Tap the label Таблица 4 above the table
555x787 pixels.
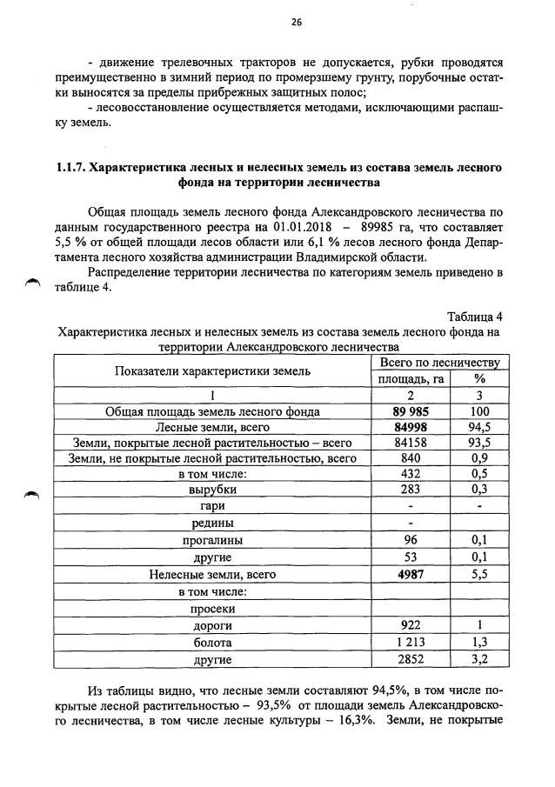475,316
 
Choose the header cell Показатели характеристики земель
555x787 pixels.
213,370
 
